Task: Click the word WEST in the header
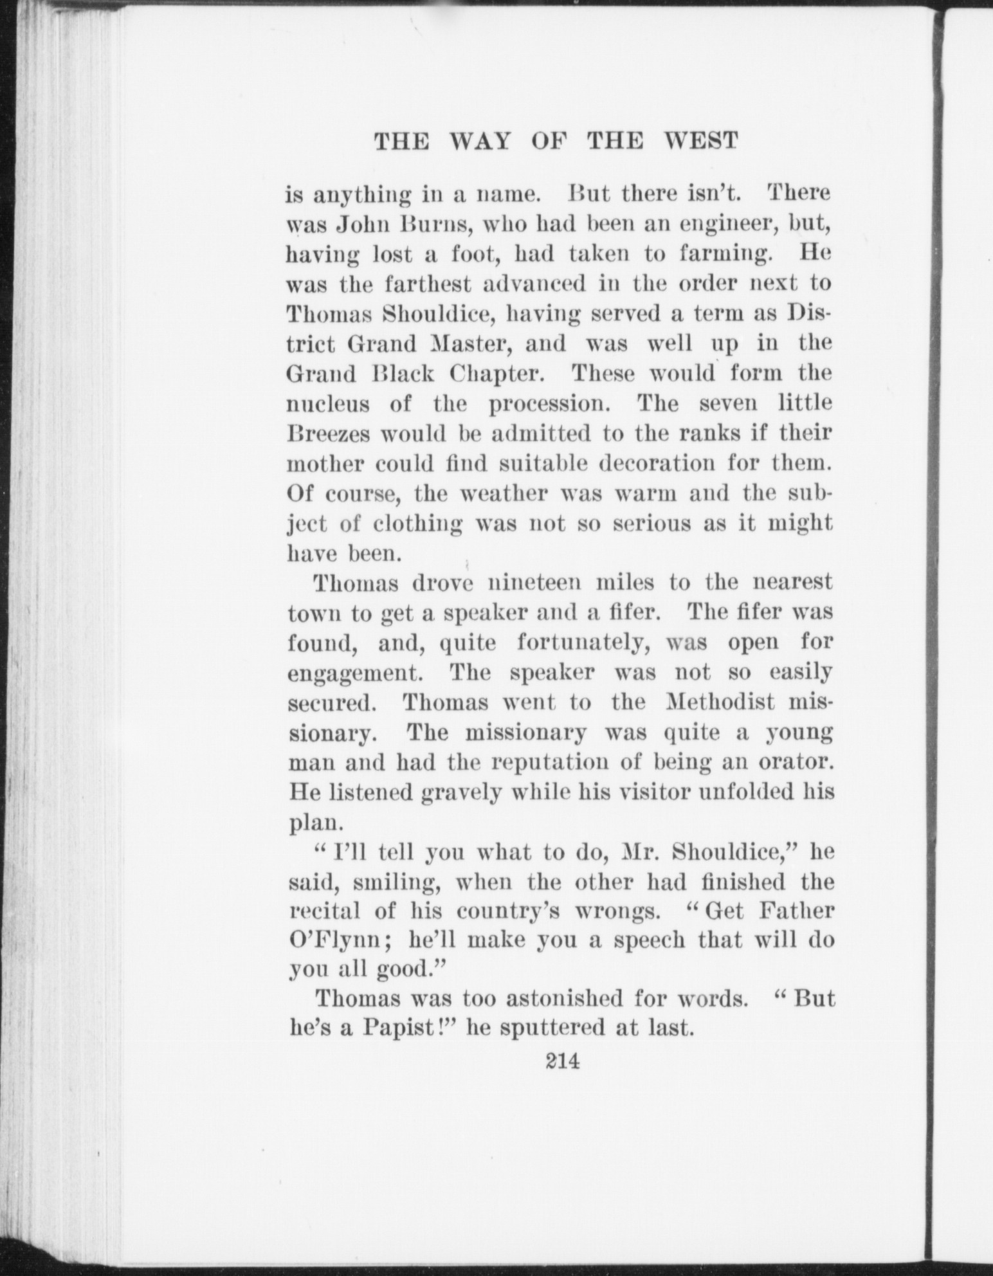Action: [700, 141]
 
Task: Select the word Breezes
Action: [328, 433]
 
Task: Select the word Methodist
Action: [720, 702]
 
